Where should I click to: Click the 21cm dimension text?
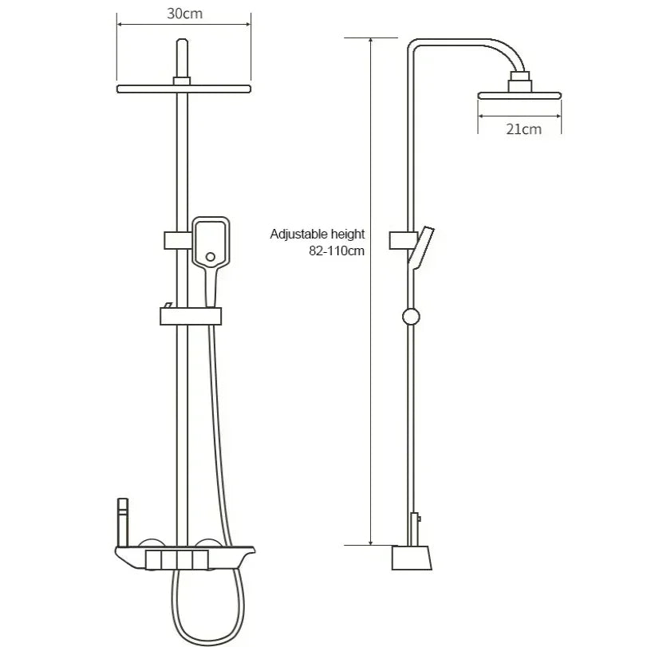point(523,128)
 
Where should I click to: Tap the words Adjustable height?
point(317,234)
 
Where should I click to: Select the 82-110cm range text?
point(336,250)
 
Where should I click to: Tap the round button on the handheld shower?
point(211,257)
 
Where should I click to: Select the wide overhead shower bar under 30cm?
point(183,89)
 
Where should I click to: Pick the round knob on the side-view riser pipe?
point(410,316)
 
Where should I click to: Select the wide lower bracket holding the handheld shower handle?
point(189,317)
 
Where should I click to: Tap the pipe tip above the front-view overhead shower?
point(183,48)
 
